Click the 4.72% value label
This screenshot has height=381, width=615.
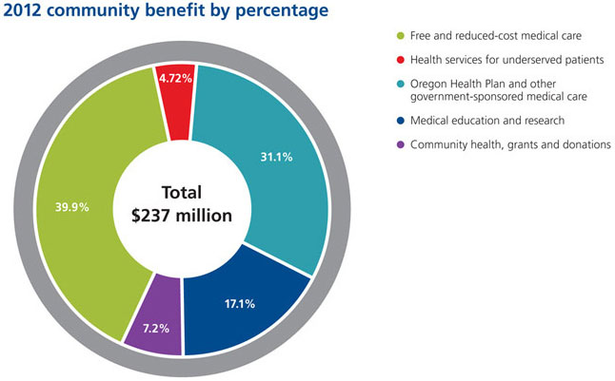coord(175,79)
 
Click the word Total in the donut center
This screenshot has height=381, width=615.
coord(182,190)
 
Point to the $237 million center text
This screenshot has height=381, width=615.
coord(182,216)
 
